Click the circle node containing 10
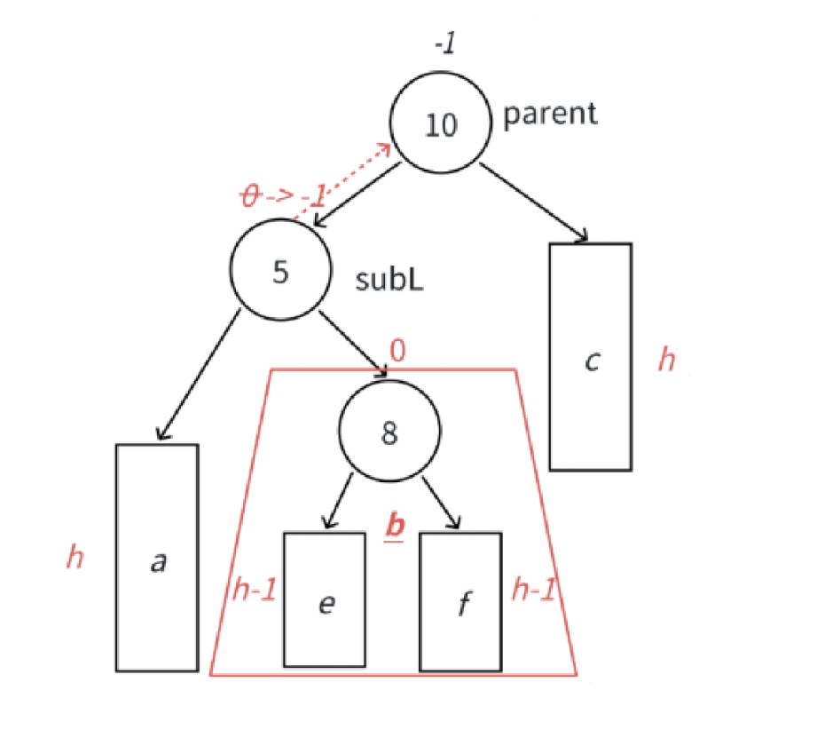(441, 124)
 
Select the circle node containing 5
(280, 271)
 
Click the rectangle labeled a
(157, 557)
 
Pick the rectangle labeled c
(590, 356)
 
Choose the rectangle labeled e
(324, 600)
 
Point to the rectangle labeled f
(460, 600)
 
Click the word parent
(550, 114)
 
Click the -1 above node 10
(444, 44)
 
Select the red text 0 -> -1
(283, 194)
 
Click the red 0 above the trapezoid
(397, 350)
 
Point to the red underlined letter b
(394, 526)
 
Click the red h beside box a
(76, 558)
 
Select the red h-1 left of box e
(252, 590)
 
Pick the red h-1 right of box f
(533, 590)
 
